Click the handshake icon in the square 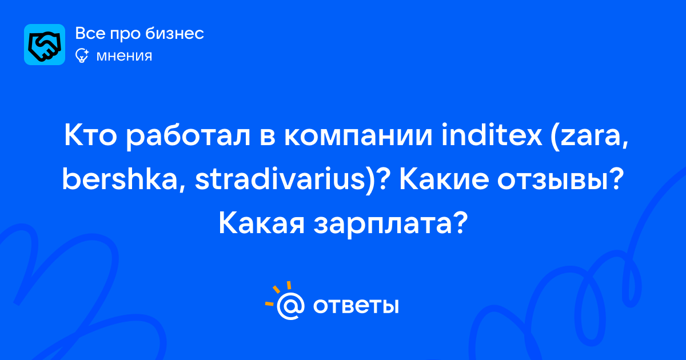tap(45, 45)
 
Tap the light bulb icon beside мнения tap(82, 56)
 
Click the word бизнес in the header tap(174, 33)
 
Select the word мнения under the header tap(124, 56)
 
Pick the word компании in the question tap(358, 138)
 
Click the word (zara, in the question tap(589, 137)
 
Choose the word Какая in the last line tap(262, 223)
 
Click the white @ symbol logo tap(290, 306)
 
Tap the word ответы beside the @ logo tap(356, 306)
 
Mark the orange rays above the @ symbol tap(278, 293)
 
